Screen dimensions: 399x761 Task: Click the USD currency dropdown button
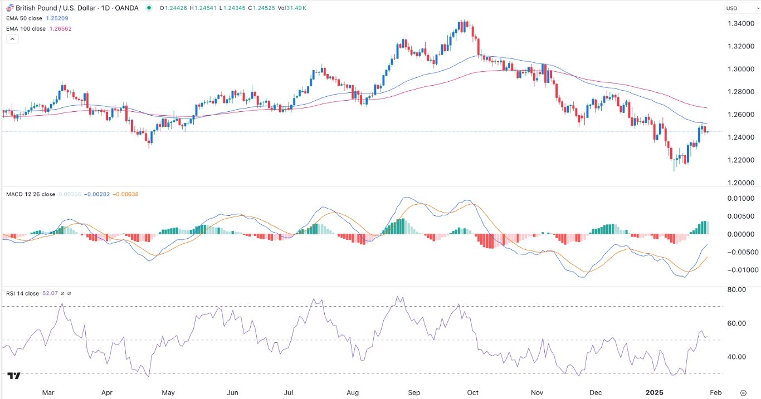coord(739,8)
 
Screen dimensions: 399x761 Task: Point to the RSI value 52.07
coord(47,293)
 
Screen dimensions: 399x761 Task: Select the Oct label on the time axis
coord(472,392)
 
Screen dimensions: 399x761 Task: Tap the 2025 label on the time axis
coord(655,392)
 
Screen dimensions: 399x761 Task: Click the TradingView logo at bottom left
coord(14,376)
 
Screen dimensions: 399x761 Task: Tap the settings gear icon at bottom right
coord(743,392)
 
